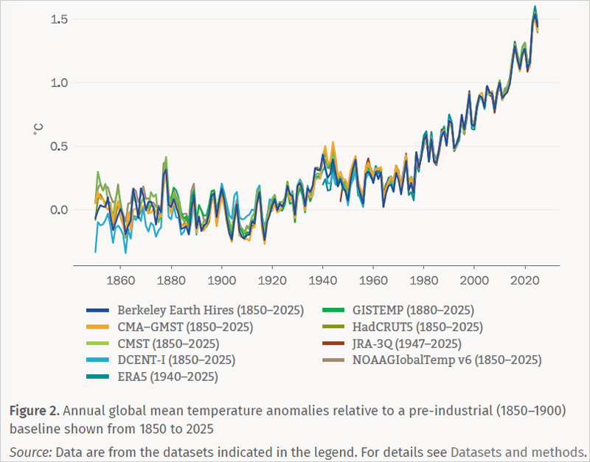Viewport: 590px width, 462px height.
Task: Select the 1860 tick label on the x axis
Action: (120, 281)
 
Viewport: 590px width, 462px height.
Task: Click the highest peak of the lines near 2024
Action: (535, 7)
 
